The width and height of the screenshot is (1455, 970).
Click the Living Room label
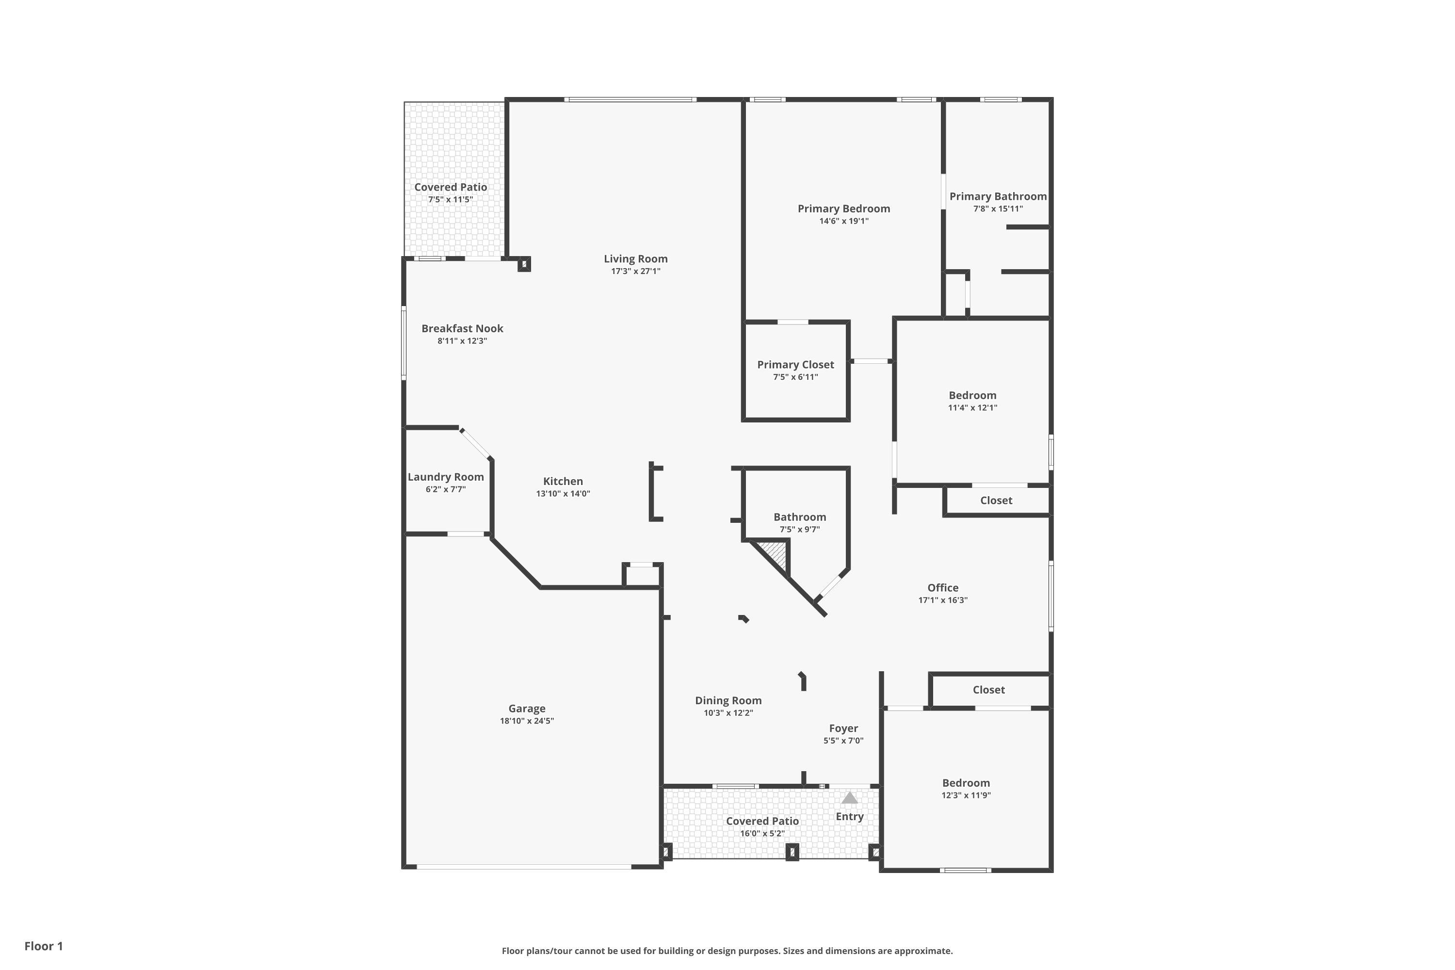tap(635, 259)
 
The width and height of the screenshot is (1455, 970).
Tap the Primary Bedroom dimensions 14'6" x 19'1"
tap(844, 221)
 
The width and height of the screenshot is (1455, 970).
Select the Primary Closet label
tap(795, 364)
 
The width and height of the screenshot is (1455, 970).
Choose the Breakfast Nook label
tap(462, 328)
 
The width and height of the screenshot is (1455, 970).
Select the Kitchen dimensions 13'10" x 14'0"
tap(563, 494)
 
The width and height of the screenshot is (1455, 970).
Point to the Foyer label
tap(843, 728)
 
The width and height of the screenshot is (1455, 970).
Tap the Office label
tap(943, 588)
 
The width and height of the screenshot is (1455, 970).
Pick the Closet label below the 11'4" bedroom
tap(996, 501)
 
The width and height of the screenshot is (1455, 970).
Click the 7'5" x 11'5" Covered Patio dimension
tap(451, 200)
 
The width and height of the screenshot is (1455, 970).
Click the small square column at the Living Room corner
tap(524, 264)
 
